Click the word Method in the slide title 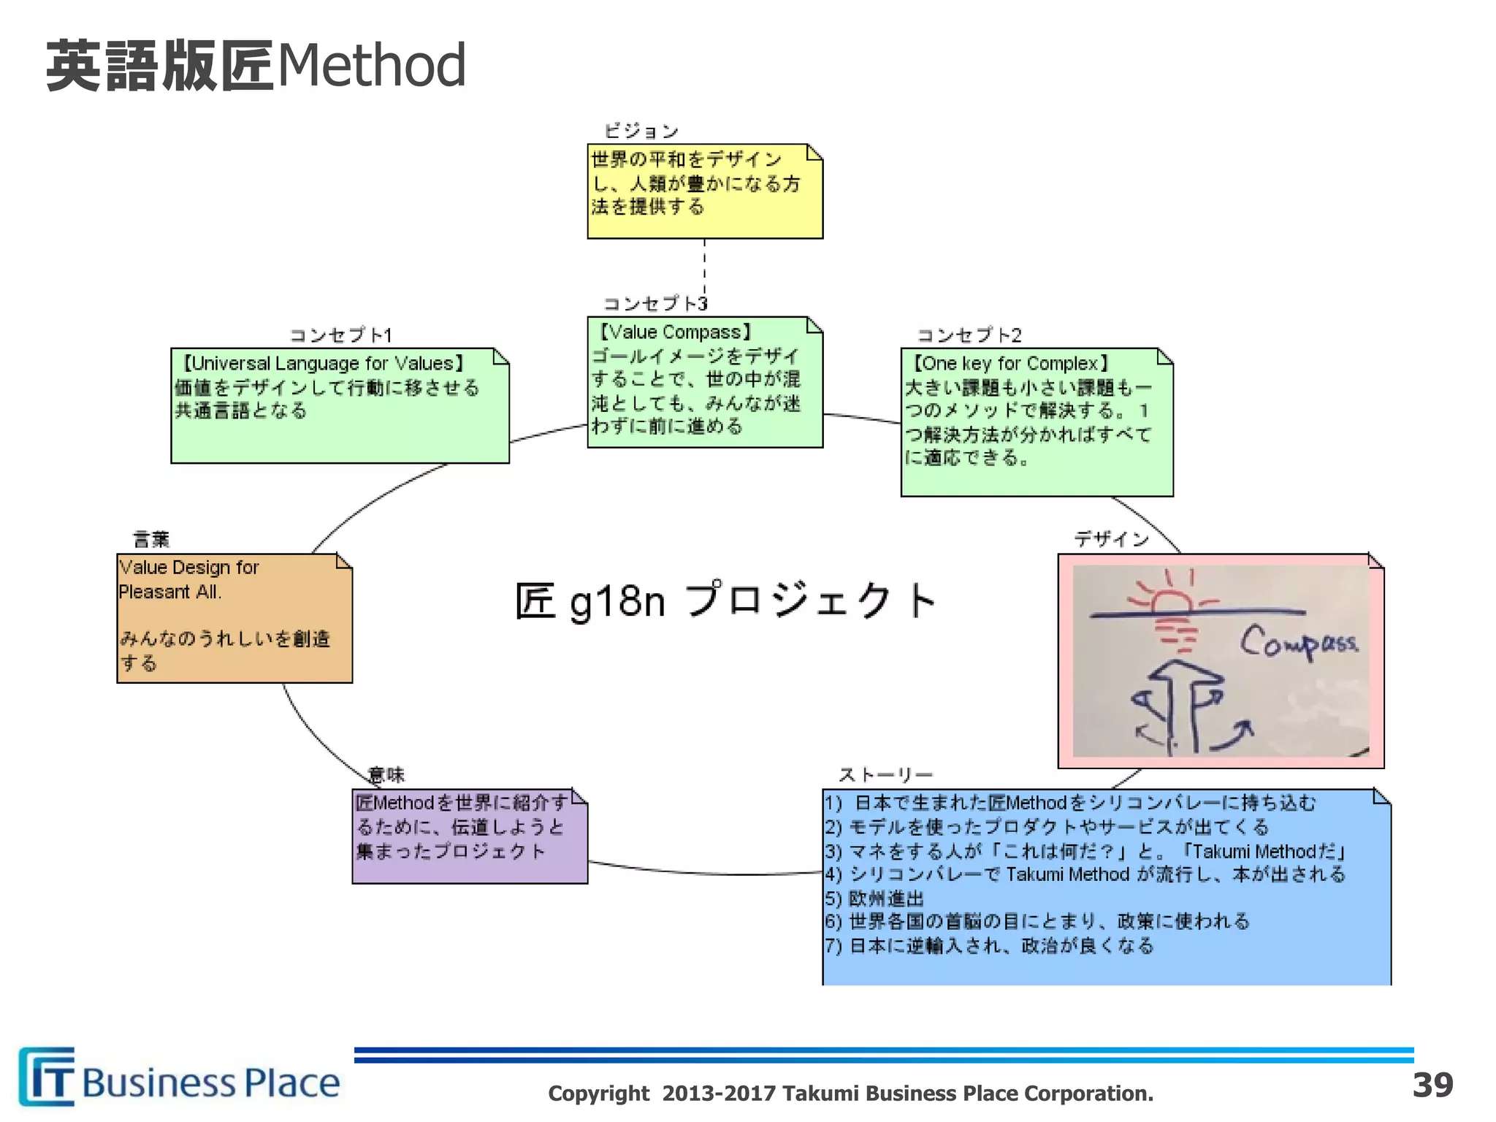[371, 66]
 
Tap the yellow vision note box [705, 191]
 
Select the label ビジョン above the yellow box [641, 131]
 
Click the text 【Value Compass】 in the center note [675, 332]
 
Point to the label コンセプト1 [340, 335]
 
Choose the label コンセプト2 [969, 335]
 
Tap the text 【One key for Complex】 [1011, 364]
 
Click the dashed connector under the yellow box [704, 267]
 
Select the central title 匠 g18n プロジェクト [725, 601]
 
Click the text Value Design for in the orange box [189, 568]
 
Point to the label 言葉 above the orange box [151, 540]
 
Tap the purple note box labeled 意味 [470, 836]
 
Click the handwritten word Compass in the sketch [1298, 644]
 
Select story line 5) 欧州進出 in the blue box [875, 898]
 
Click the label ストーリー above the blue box [885, 774]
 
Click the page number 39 [1432, 1085]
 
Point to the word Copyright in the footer [598, 1094]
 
